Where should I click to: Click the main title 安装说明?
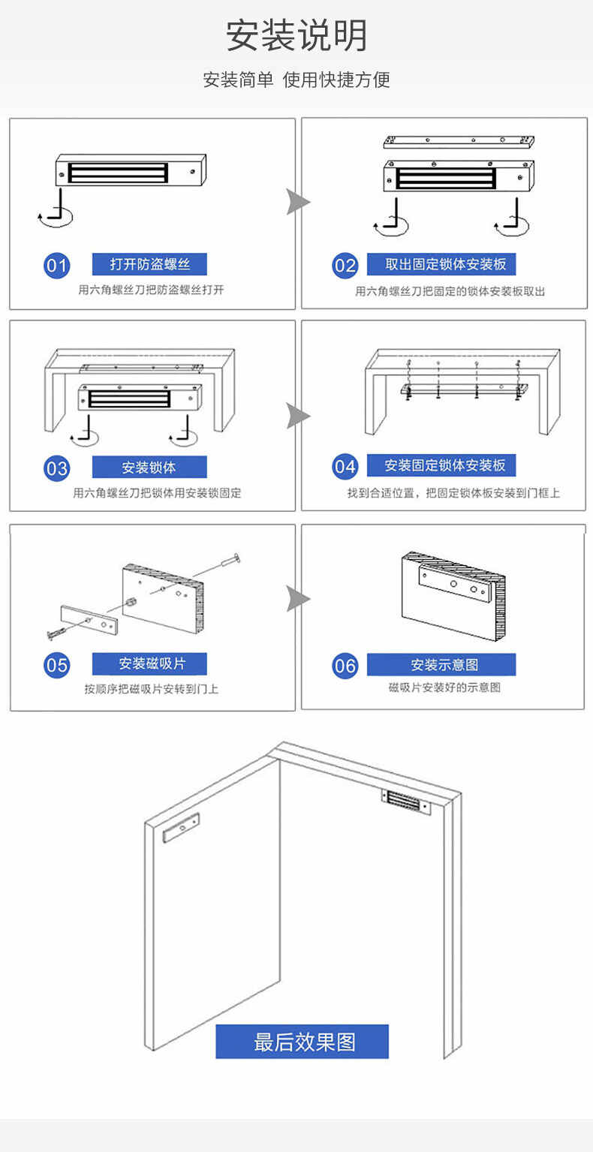pyautogui.click(x=296, y=35)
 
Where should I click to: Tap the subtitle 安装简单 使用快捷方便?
pyautogui.click(x=296, y=80)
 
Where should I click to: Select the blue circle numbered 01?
pyautogui.click(x=56, y=265)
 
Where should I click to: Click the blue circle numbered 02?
pyautogui.click(x=345, y=265)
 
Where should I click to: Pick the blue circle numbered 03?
pyautogui.click(x=56, y=468)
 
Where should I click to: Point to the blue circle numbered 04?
pyautogui.click(x=345, y=467)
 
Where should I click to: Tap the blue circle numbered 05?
pyautogui.click(x=56, y=665)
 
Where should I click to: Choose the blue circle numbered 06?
pyautogui.click(x=345, y=666)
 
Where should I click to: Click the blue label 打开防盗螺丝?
pyautogui.click(x=149, y=264)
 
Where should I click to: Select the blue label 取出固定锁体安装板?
pyautogui.click(x=441, y=264)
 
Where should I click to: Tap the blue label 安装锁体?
pyautogui.click(x=149, y=467)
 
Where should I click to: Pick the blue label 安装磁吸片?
pyautogui.click(x=149, y=664)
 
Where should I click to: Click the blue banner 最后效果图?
pyautogui.click(x=303, y=1042)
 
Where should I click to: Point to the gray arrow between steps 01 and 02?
pyautogui.click(x=298, y=202)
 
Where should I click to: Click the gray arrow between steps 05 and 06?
pyautogui.click(x=298, y=598)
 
